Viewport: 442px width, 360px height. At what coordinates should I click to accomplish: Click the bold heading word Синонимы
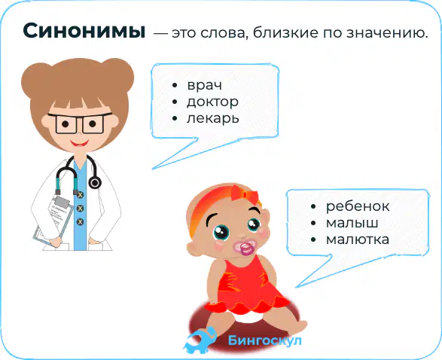point(84,30)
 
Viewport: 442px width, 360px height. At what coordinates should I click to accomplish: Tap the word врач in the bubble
point(205,85)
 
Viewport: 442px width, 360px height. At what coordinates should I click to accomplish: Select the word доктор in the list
point(212,102)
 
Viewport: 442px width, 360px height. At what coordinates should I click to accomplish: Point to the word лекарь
point(213,118)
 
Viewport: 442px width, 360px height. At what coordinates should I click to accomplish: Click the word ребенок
point(358,206)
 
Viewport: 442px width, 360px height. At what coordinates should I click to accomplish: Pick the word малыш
point(352,223)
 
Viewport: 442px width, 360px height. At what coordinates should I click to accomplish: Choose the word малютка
point(358,239)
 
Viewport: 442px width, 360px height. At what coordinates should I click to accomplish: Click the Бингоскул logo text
point(265,340)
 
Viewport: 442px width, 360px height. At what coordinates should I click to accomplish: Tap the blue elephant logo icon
point(200,340)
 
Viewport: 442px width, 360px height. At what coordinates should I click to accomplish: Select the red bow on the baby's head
point(245,194)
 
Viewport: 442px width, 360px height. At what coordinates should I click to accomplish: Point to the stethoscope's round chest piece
point(95,183)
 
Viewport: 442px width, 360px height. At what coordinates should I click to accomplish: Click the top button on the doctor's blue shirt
point(80,195)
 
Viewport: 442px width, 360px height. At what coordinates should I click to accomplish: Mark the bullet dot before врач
point(175,85)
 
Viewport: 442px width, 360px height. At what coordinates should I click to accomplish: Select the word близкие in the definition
point(285,32)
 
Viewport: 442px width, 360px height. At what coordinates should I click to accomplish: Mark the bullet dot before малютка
point(313,240)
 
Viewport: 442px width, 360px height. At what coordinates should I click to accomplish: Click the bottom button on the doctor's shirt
point(80,222)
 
